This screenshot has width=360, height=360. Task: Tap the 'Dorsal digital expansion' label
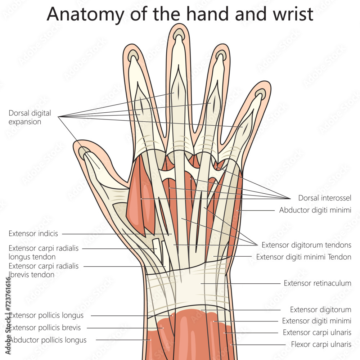pos(30,117)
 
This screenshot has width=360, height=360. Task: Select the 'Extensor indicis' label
pos(33,234)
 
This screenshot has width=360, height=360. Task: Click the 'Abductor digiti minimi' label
pos(315,210)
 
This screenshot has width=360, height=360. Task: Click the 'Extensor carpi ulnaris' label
pos(317,332)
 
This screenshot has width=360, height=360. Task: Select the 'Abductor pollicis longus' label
pos(48,340)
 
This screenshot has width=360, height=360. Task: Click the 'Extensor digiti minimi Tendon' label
pos(303,257)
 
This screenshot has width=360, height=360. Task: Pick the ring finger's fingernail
pos(221,55)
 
